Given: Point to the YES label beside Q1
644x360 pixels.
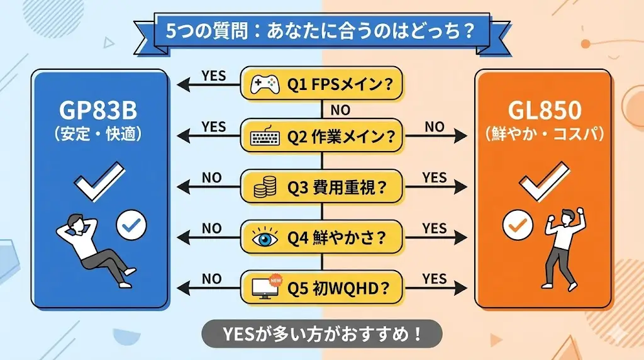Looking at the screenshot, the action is pos(214,75).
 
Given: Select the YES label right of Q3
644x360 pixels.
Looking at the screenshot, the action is pos(434,177).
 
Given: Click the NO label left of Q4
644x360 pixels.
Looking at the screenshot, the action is pos(211,228).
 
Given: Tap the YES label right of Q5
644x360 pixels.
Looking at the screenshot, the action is pos(434,278).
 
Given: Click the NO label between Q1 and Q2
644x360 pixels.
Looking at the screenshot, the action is pos(340,110).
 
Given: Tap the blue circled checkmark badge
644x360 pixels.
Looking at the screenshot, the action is pos(131,223).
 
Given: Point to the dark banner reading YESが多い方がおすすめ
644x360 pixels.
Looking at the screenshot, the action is pos(321,334).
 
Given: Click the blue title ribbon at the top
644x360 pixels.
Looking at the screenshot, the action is pos(321,31).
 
